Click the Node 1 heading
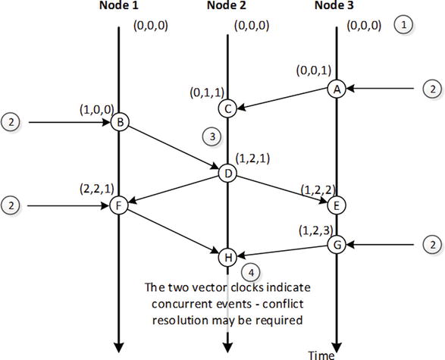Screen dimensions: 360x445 tap(120, 7)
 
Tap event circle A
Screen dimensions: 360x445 tap(336, 89)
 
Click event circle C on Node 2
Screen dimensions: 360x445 tap(227, 108)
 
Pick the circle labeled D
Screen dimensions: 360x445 tap(227, 173)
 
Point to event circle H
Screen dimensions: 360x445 tap(227, 257)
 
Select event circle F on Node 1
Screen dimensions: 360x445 tap(119, 205)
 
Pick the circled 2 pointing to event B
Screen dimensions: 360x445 tap(11, 121)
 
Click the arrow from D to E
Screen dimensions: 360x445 tap(281, 189)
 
